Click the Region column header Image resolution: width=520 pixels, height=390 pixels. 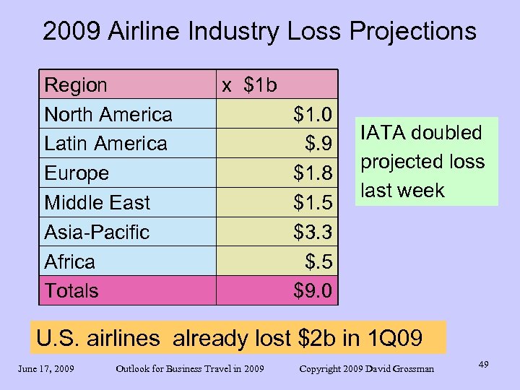[76, 85]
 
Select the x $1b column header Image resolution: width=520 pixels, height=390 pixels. [249, 85]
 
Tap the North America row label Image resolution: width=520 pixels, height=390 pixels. [108, 115]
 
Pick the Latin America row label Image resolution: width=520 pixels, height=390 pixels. [105, 144]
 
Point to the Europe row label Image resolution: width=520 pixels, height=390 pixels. [77, 173]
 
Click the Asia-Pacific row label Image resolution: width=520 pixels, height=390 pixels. [97, 232]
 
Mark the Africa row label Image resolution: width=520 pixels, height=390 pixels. [70, 261]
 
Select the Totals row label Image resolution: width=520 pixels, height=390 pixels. [71, 291]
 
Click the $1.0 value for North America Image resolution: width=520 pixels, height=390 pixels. [313, 115]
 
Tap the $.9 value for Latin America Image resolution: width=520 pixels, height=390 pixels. [318, 144]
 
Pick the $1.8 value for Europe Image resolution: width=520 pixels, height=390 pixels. [313, 173]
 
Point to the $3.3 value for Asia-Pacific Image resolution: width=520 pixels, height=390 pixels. [313, 232]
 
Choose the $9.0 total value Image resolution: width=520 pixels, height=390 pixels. [313, 291]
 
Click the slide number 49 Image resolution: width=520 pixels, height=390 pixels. [483, 365]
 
